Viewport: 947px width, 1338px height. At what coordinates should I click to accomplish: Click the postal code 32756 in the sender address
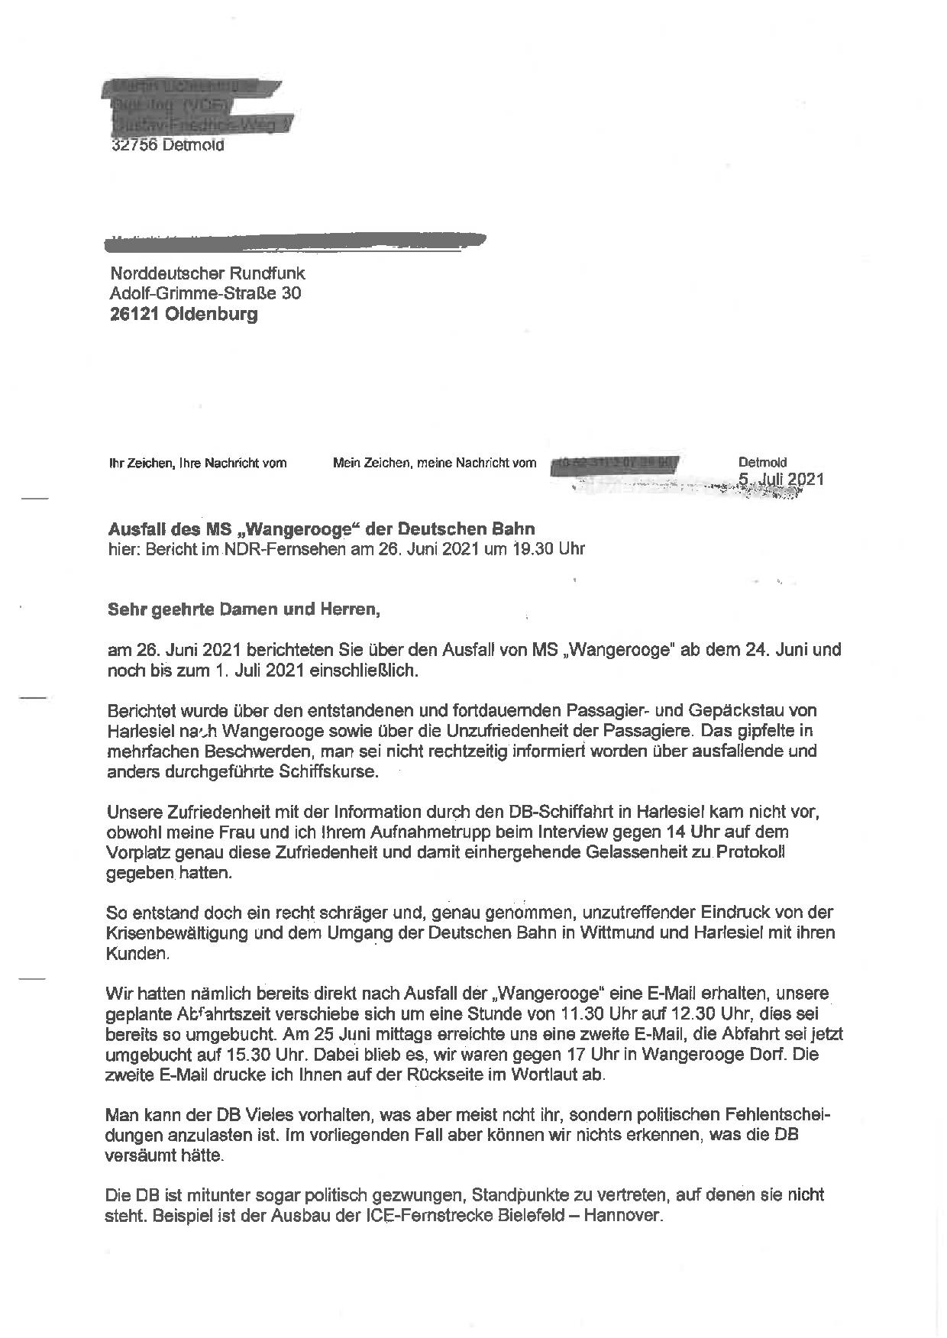[134, 145]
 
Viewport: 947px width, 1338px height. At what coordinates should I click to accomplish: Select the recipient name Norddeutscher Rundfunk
[208, 273]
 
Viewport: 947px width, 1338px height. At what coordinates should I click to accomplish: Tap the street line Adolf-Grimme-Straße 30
[205, 293]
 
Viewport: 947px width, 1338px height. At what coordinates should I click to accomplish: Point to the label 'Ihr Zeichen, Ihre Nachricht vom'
[198, 463]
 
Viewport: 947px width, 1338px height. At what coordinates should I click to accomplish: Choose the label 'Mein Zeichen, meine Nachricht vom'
[435, 463]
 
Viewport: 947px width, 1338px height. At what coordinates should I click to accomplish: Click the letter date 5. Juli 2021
[781, 479]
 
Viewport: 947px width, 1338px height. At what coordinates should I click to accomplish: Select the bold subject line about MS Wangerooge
[322, 528]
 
